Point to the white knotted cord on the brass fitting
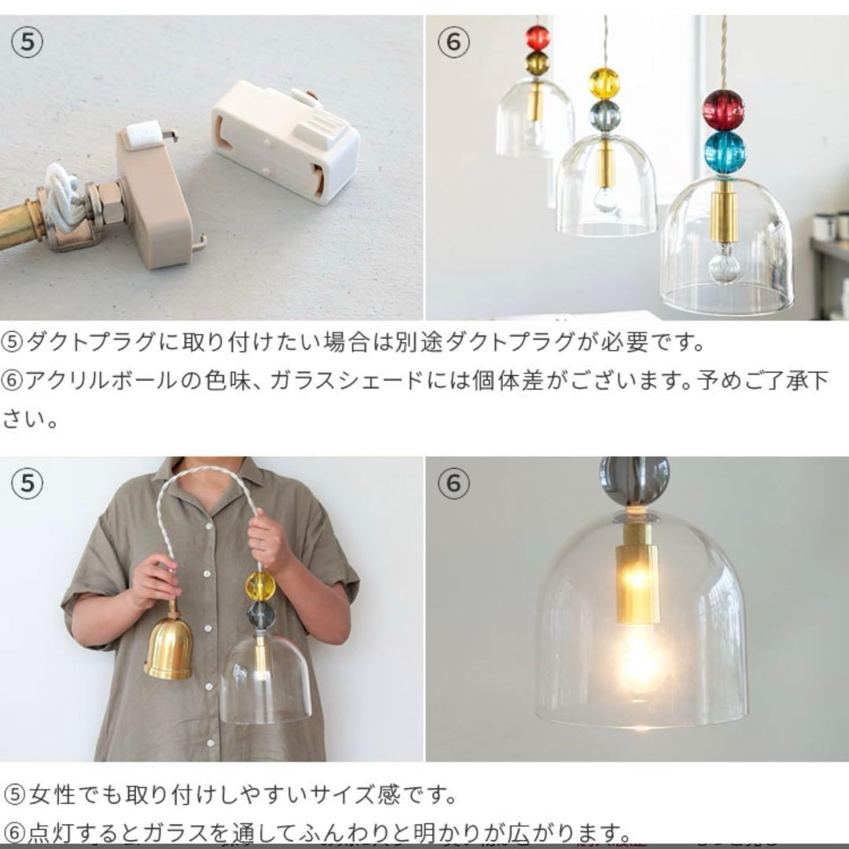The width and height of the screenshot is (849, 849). pyautogui.click(x=64, y=201)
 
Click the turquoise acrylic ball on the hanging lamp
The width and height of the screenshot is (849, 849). pyautogui.click(x=724, y=153)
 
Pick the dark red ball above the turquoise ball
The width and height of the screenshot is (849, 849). pyautogui.click(x=723, y=109)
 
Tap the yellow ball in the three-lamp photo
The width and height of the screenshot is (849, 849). pyautogui.click(x=605, y=83)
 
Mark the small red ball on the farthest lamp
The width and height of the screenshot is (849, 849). pyautogui.click(x=538, y=37)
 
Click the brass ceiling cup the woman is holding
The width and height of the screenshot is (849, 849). pyautogui.click(x=168, y=648)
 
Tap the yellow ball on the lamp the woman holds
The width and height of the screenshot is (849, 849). pyautogui.click(x=260, y=586)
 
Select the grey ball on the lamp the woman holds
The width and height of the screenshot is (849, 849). pyautogui.click(x=261, y=616)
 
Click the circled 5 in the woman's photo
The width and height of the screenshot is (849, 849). pyautogui.click(x=27, y=483)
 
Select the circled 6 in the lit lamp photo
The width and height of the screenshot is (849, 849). pyautogui.click(x=453, y=483)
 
